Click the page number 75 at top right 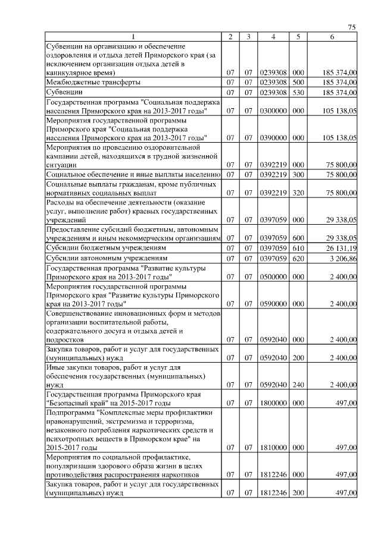352,27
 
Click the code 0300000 273,111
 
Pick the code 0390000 273,137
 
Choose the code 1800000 273,403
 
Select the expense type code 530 298,93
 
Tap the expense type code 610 298,248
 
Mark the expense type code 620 298,259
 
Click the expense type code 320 298,193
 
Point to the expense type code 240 298,385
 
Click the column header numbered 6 332,37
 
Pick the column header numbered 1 133,37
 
